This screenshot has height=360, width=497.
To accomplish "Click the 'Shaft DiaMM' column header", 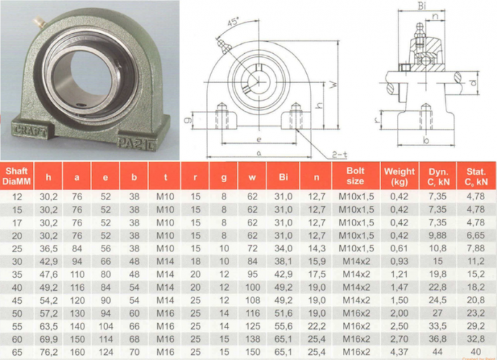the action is tap(17, 176).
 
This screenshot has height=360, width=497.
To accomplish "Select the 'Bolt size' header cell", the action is tap(355, 176).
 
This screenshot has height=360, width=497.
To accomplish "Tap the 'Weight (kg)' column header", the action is tap(399, 176).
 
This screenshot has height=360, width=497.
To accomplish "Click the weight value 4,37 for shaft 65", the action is tap(399, 352).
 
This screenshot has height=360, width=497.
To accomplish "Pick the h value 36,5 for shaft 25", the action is tap(48, 248).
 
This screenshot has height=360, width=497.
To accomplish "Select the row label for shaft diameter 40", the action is tap(17, 287).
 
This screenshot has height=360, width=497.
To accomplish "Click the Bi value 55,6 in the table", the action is tap(283, 326).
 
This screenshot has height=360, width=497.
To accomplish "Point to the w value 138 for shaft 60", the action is tap(253, 339).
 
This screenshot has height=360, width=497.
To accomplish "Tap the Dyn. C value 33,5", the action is tap(437, 326).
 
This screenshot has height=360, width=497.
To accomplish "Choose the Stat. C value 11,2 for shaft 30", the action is tap(475, 261).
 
